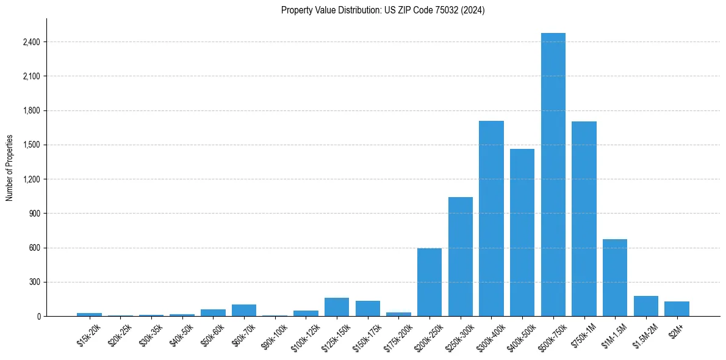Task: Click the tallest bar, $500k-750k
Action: [x=553, y=175]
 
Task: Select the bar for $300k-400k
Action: [x=491, y=218]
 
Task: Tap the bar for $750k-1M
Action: [x=584, y=218]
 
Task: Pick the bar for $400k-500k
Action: [x=522, y=232]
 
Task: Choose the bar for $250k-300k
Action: [x=461, y=256]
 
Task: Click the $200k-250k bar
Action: [x=429, y=282]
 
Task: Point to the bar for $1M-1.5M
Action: [x=615, y=278]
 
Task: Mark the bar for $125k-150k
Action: [x=337, y=307]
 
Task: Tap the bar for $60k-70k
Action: [x=244, y=310]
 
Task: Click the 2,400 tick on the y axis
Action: [x=31, y=42]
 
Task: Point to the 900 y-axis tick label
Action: [x=35, y=214]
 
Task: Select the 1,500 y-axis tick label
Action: [x=31, y=145]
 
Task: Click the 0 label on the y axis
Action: [x=38, y=317]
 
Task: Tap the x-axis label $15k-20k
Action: [x=89, y=335]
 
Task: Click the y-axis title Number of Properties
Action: [x=9, y=168]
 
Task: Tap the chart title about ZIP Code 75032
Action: [x=383, y=10]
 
